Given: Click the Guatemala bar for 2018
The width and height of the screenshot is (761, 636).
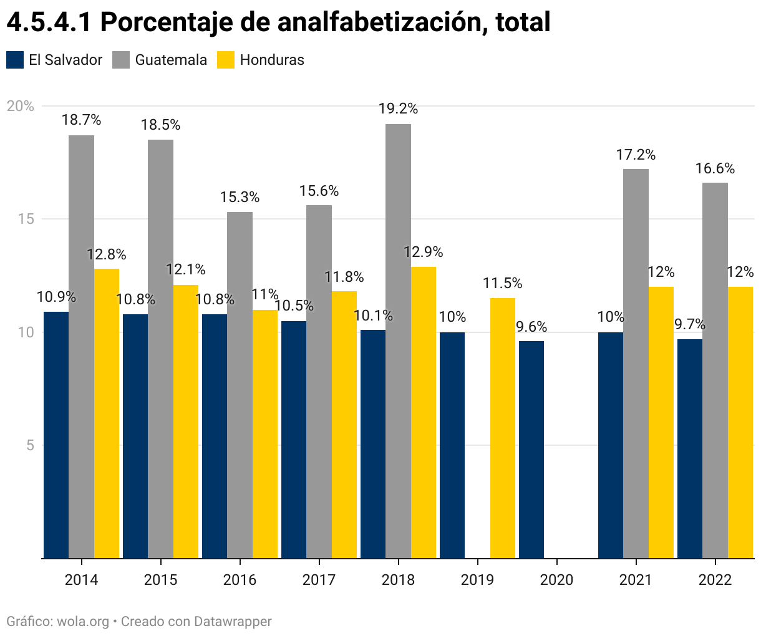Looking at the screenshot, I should [398, 341].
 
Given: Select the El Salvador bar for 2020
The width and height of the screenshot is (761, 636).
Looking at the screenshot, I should [531, 449].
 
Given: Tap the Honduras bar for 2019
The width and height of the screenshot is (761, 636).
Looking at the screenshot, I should [502, 428].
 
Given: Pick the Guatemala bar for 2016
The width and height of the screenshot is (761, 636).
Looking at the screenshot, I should [240, 385].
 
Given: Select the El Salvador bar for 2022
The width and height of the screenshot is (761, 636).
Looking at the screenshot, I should [690, 448].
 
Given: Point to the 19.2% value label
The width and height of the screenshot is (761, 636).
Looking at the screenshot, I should [398, 109].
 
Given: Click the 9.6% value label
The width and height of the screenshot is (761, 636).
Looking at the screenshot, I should [531, 327].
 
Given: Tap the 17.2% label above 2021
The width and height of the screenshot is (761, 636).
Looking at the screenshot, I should [636, 155].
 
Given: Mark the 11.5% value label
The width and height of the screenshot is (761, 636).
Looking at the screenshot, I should [502, 284].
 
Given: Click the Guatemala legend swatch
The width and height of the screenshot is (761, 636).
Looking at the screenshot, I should [121, 60].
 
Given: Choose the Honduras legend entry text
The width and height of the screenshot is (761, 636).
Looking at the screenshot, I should [272, 60].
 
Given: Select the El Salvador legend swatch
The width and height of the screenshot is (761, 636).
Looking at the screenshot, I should [15, 60].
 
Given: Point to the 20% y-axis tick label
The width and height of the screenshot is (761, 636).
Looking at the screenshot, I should [21, 106].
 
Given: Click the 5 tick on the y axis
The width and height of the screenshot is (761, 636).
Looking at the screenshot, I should [29, 445].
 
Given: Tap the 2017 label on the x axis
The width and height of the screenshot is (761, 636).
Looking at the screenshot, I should [319, 580].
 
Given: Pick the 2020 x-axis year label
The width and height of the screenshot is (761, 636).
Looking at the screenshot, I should [556, 580].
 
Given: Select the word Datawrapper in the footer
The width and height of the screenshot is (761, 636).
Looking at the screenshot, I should [233, 622].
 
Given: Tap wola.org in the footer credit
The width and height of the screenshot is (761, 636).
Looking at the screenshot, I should [83, 622].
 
